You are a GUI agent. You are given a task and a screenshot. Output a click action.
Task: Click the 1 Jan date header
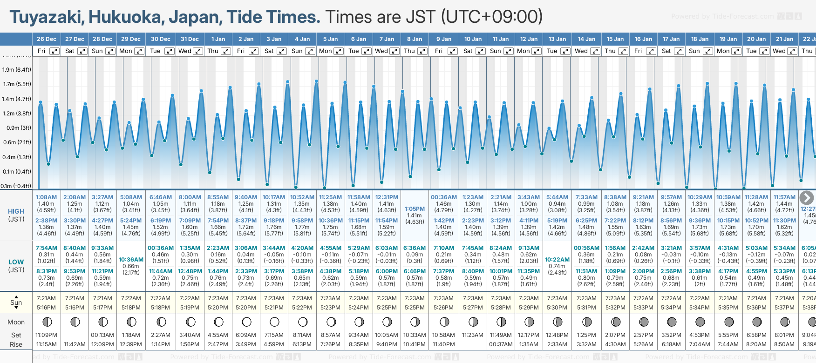tap(218, 39)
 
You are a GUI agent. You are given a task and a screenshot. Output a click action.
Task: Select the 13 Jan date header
tap(557, 39)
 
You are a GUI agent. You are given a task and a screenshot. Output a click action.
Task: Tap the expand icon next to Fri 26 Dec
tap(54, 51)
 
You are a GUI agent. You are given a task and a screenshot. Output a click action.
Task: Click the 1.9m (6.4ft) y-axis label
tap(17, 70)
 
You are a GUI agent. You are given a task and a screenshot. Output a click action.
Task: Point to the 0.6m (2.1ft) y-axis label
tap(17, 142)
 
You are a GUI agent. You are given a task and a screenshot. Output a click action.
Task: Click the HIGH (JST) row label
tap(16, 215)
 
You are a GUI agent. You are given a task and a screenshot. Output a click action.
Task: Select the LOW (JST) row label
tap(16, 266)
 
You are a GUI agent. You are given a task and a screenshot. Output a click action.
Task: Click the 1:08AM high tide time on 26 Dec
tap(46, 197)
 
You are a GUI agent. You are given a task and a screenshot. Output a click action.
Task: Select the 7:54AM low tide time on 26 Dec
tap(46, 248)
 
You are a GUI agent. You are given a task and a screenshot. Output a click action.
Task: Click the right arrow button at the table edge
tap(806, 198)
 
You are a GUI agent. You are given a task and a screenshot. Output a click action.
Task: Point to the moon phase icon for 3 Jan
tap(274, 322)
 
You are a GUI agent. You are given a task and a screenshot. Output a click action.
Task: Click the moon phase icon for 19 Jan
tap(729, 322)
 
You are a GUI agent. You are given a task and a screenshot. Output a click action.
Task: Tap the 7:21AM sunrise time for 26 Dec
tap(46, 298)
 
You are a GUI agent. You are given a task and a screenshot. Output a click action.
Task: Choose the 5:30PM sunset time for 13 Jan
tap(557, 308)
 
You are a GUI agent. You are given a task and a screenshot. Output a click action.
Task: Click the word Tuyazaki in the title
tap(46, 17)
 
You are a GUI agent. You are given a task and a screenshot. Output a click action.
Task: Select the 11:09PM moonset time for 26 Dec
tap(46, 335)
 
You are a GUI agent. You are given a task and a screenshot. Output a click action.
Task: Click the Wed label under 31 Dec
tap(185, 51)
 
